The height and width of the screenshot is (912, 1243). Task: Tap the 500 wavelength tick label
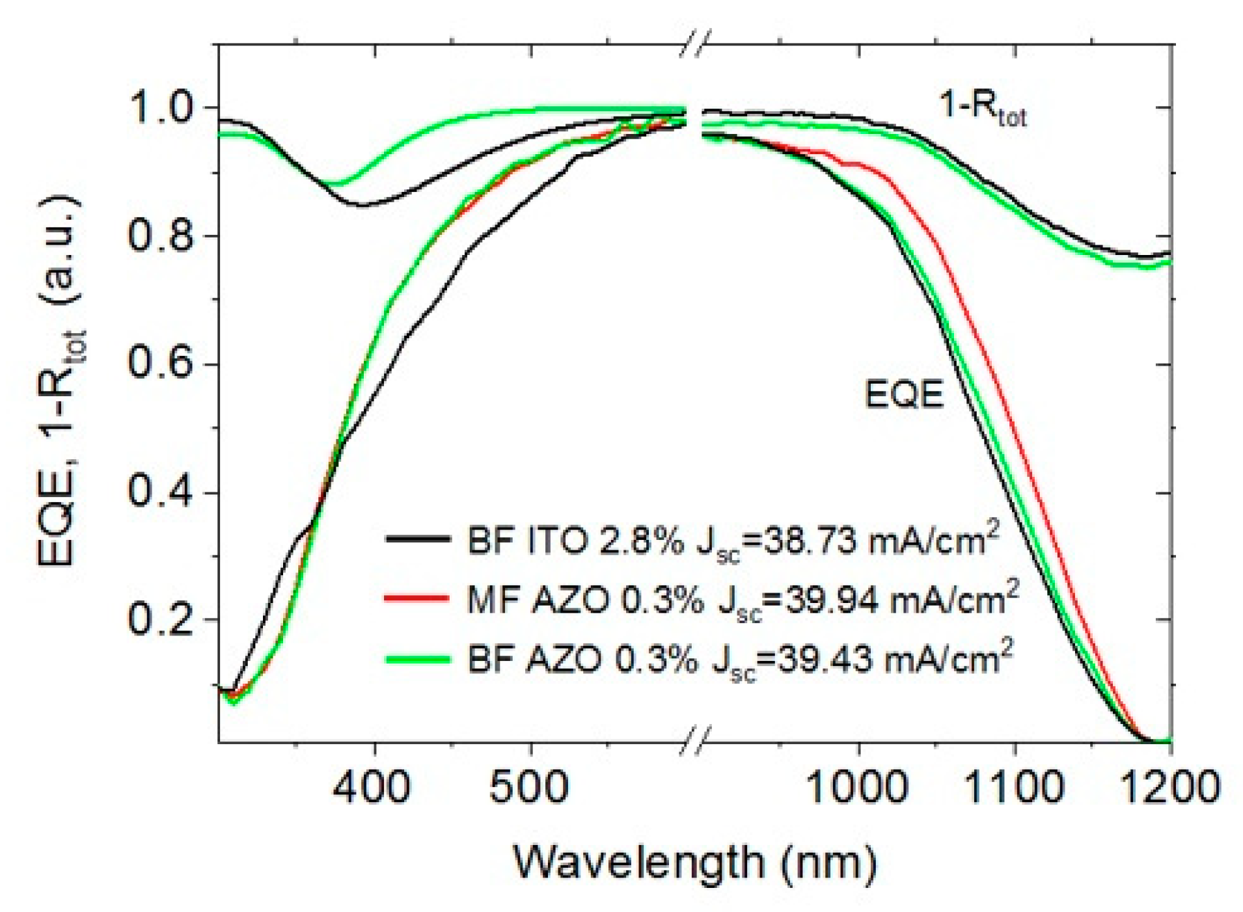[529, 786]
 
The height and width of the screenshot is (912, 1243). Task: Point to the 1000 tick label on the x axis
[858, 786]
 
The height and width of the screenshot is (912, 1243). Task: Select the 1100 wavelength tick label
[1013, 786]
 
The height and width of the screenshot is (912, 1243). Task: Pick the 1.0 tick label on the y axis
[159, 108]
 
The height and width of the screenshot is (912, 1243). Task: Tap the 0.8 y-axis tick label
[159, 235]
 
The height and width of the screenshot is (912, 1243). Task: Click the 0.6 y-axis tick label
[159, 364]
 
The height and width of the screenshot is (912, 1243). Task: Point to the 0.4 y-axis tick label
[159, 492]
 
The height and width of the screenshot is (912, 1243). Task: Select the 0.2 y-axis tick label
[159, 619]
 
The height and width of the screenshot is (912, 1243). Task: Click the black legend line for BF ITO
[418, 539]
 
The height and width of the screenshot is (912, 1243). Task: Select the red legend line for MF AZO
[418, 598]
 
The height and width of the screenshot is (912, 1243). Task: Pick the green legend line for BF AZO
[418, 659]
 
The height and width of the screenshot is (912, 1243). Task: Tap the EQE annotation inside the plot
[904, 394]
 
